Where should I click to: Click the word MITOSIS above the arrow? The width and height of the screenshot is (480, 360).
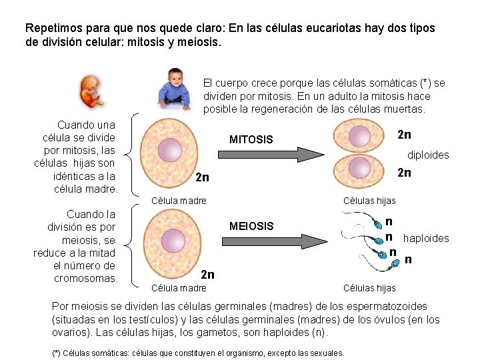(x=251, y=140)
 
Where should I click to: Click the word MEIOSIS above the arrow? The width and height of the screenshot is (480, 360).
(x=251, y=226)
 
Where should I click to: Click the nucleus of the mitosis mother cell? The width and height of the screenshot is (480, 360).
(x=171, y=151)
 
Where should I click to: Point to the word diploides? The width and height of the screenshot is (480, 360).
(x=428, y=155)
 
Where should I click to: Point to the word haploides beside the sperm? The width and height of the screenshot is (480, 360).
(x=426, y=238)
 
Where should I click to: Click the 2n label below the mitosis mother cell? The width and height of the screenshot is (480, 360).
(x=202, y=178)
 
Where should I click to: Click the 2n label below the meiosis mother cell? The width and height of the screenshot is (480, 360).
(x=207, y=274)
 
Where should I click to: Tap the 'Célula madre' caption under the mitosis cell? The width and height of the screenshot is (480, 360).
(x=179, y=201)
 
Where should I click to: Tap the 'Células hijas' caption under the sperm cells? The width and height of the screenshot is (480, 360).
(x=369, y=288)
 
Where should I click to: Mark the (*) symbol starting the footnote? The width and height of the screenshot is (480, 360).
(x=57, y=353)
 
